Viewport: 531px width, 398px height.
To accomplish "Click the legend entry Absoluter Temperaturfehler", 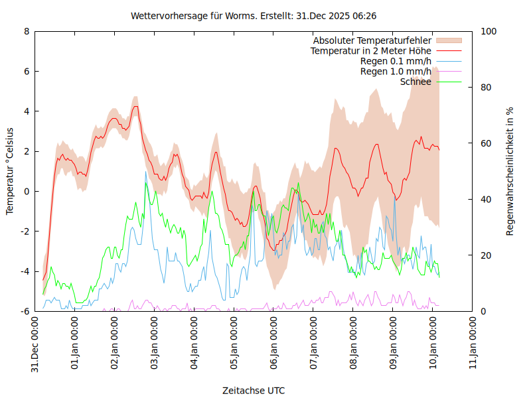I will click(x=372, y=40).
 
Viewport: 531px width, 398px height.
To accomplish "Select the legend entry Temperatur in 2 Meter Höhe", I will click(x=371, y=50).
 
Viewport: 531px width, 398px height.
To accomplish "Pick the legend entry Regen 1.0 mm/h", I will click(x=396, y=71).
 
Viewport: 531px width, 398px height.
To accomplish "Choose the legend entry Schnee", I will click(x=416, y=82).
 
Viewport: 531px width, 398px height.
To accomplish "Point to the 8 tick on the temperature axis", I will click(x=26, y=31).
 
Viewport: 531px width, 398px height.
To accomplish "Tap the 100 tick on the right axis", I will click(x=489, y=31).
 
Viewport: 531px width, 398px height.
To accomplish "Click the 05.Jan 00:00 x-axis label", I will click(x=234, y=344).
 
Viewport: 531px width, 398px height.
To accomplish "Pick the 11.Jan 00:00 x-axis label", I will click(x=473, y=344).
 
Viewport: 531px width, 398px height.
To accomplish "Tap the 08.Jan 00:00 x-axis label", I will click(x=354, y=344).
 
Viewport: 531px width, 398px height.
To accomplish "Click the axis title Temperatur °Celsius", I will click(x=10, y=171).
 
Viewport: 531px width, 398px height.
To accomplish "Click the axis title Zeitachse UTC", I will click(x=254, y=390).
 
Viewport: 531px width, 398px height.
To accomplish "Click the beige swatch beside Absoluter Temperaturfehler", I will click(x=448, y=40).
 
